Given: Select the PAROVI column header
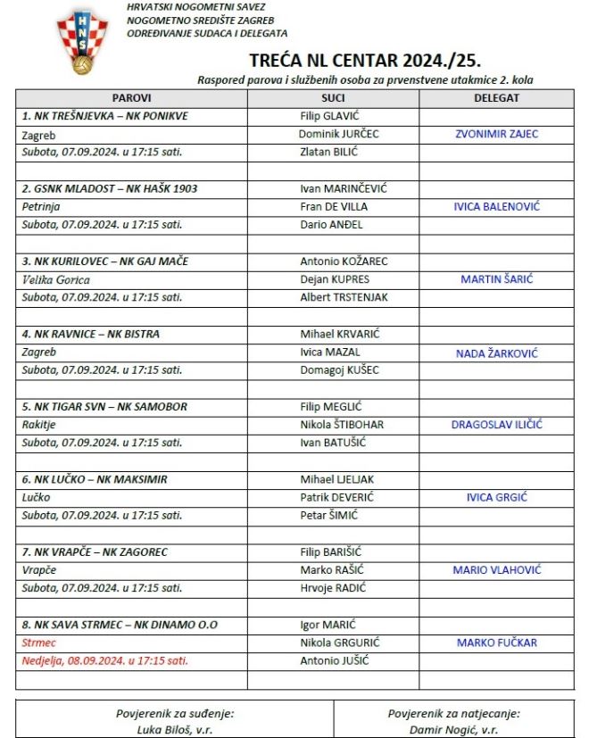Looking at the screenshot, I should click(x=131, y=98).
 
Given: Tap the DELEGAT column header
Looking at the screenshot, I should click(x=496, y=98).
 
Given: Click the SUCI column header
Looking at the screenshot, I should click(x=333, y=98).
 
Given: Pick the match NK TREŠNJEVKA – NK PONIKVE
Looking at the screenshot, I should click(x=104, y=116).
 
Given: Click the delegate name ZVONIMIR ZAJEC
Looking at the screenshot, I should click(x=496, y=134).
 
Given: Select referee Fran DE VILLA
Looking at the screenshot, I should click(x=334, y=207).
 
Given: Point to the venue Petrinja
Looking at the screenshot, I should click(x=40, y=207).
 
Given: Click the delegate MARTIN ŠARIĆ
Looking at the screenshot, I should click(x=496, y=279).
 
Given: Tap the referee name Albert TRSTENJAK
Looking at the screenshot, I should click(x=344, y=297).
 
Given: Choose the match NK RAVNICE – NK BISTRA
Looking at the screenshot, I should click(x=91, y=334).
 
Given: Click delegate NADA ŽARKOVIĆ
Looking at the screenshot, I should click(x=496, y=352).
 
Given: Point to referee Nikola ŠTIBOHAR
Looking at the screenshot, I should click(x=342, y=425).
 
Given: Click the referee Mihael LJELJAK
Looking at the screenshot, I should click(x=337, y=479).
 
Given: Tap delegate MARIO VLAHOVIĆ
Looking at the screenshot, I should click(x=496, y=570).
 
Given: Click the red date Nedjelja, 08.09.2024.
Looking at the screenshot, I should click(x=104, y=661).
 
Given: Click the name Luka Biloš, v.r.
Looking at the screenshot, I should click(x=174, y=729).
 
